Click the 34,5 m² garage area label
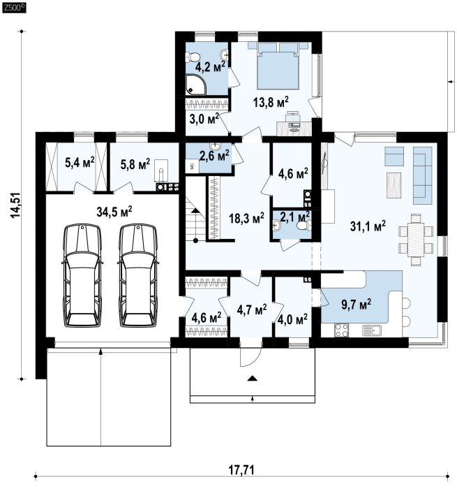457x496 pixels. [x=114, y=212]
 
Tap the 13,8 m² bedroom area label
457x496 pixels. [x=271, y=103]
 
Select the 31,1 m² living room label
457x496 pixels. [x=368, y=226]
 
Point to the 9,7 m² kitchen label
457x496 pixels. [x=356, y=305]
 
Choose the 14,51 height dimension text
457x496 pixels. [x=15, y=205]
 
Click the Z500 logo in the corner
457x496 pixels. [x=14, y=8]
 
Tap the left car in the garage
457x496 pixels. [x=83, y=275]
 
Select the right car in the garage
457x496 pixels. [x=137, y=275]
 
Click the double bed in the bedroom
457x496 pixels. [x=278, y=66]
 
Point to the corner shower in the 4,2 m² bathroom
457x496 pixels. [x=196, y=84]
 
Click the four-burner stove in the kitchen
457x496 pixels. [x=341, y=330]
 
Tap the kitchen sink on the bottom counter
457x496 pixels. [x=372, y=330]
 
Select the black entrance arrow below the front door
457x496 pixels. [x=253, y=378]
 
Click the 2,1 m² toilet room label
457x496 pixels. [x=294, y=217]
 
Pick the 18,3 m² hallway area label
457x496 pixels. [x=246, y=218]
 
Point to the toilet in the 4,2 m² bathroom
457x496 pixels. [x=193, y=57]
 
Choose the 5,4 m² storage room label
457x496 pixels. [x=80, y=163]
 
